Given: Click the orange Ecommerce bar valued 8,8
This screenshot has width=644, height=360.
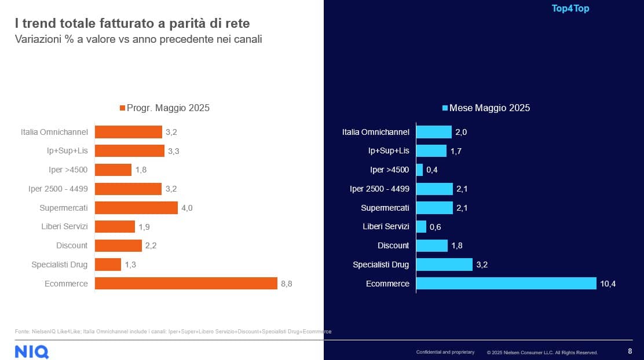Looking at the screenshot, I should pyautogui.click(x=186, y=284).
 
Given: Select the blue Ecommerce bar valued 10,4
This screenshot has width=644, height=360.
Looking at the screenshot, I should pyautogui.click(x=506, y=284).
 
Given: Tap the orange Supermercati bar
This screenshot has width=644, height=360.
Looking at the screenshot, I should pyautogui.click(x=136, y=208).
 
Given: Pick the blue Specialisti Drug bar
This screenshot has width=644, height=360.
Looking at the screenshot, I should pyautogui.click(x=444, y=265).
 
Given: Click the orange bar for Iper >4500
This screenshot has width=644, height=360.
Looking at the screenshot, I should pyautogui.click(x=113, y=170).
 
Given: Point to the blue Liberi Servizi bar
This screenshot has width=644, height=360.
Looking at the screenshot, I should pyautogui.click(x=421, y=226).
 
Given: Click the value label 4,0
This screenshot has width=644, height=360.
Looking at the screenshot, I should pyautogui.click(x=187, y=208).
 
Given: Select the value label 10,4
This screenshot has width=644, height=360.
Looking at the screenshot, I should pyautogui.click(x=608, y=284).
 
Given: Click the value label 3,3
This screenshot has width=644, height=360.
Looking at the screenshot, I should pyautogui.click(x=174, y=151).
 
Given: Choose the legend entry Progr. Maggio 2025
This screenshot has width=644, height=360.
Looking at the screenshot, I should pyautogui.click(x=164, y=108).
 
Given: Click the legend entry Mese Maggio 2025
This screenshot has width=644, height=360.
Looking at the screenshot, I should pyautogui.click(x=486, y=108).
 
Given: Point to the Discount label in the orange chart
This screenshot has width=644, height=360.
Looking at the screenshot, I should pyautogui.click(x=72, y=245).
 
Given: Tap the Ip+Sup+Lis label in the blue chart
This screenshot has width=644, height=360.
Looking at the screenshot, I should pyautogui.click(x=389, y=151).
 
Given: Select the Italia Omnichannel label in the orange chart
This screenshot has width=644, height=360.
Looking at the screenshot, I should pyautogui.click(x=54, y=132).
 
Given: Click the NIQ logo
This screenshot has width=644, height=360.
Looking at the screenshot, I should pyautogui.click(x=32, y=351).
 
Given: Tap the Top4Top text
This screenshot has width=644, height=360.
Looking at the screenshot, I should pyautogui.click(x=570, y=9).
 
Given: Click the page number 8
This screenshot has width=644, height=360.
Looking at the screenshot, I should pyautogui.click(x=630, y=351).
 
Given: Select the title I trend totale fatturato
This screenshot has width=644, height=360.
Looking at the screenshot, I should pyautogui.click(x=132, y=24).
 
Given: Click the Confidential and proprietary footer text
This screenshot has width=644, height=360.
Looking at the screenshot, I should pyautogui.click(x=445, y=352).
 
